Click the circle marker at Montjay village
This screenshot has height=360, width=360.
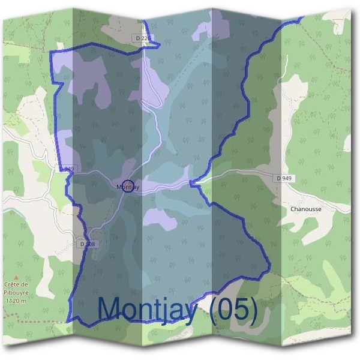127,186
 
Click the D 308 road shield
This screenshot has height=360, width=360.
88,244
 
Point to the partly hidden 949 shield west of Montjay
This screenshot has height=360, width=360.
68,170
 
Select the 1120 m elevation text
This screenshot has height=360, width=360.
16,301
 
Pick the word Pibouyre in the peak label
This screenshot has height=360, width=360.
16,292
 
